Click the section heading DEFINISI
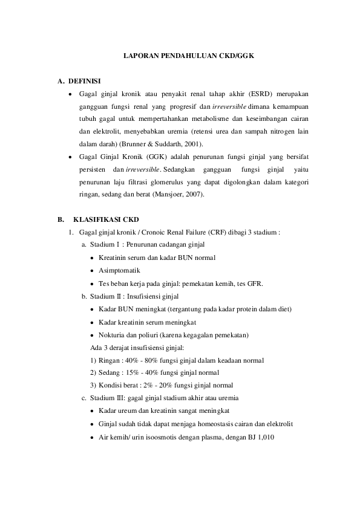[x=85, y=80]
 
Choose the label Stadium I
[x=105, y=245]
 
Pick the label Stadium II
[x=106, y=296]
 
